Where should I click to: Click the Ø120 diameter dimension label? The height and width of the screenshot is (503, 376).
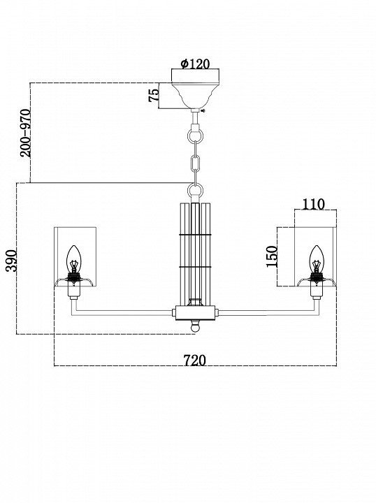[195, 64]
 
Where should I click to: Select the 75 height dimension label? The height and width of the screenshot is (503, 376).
[154, 95]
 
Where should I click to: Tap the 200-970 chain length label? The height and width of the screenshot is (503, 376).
[26, 133]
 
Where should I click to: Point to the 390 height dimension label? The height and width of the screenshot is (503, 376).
[12, 261]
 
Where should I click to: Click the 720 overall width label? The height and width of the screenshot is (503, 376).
[195, 360]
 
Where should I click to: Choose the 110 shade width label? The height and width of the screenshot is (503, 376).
[313, 204]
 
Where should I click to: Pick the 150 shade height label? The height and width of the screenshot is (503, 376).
[272, 256]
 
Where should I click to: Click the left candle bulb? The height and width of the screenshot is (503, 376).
[74, 259]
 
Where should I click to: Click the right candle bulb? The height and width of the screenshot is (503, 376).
[317, 259]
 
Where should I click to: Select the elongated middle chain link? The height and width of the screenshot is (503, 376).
[196, 163]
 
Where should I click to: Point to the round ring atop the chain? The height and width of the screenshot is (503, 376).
[196, 136]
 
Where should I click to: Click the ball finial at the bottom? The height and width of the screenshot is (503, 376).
[195, 326]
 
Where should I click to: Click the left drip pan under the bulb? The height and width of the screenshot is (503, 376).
[74, 282]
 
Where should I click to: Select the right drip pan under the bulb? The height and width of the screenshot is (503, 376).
[317, 282]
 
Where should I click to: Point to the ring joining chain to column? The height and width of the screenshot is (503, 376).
[196, 190]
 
